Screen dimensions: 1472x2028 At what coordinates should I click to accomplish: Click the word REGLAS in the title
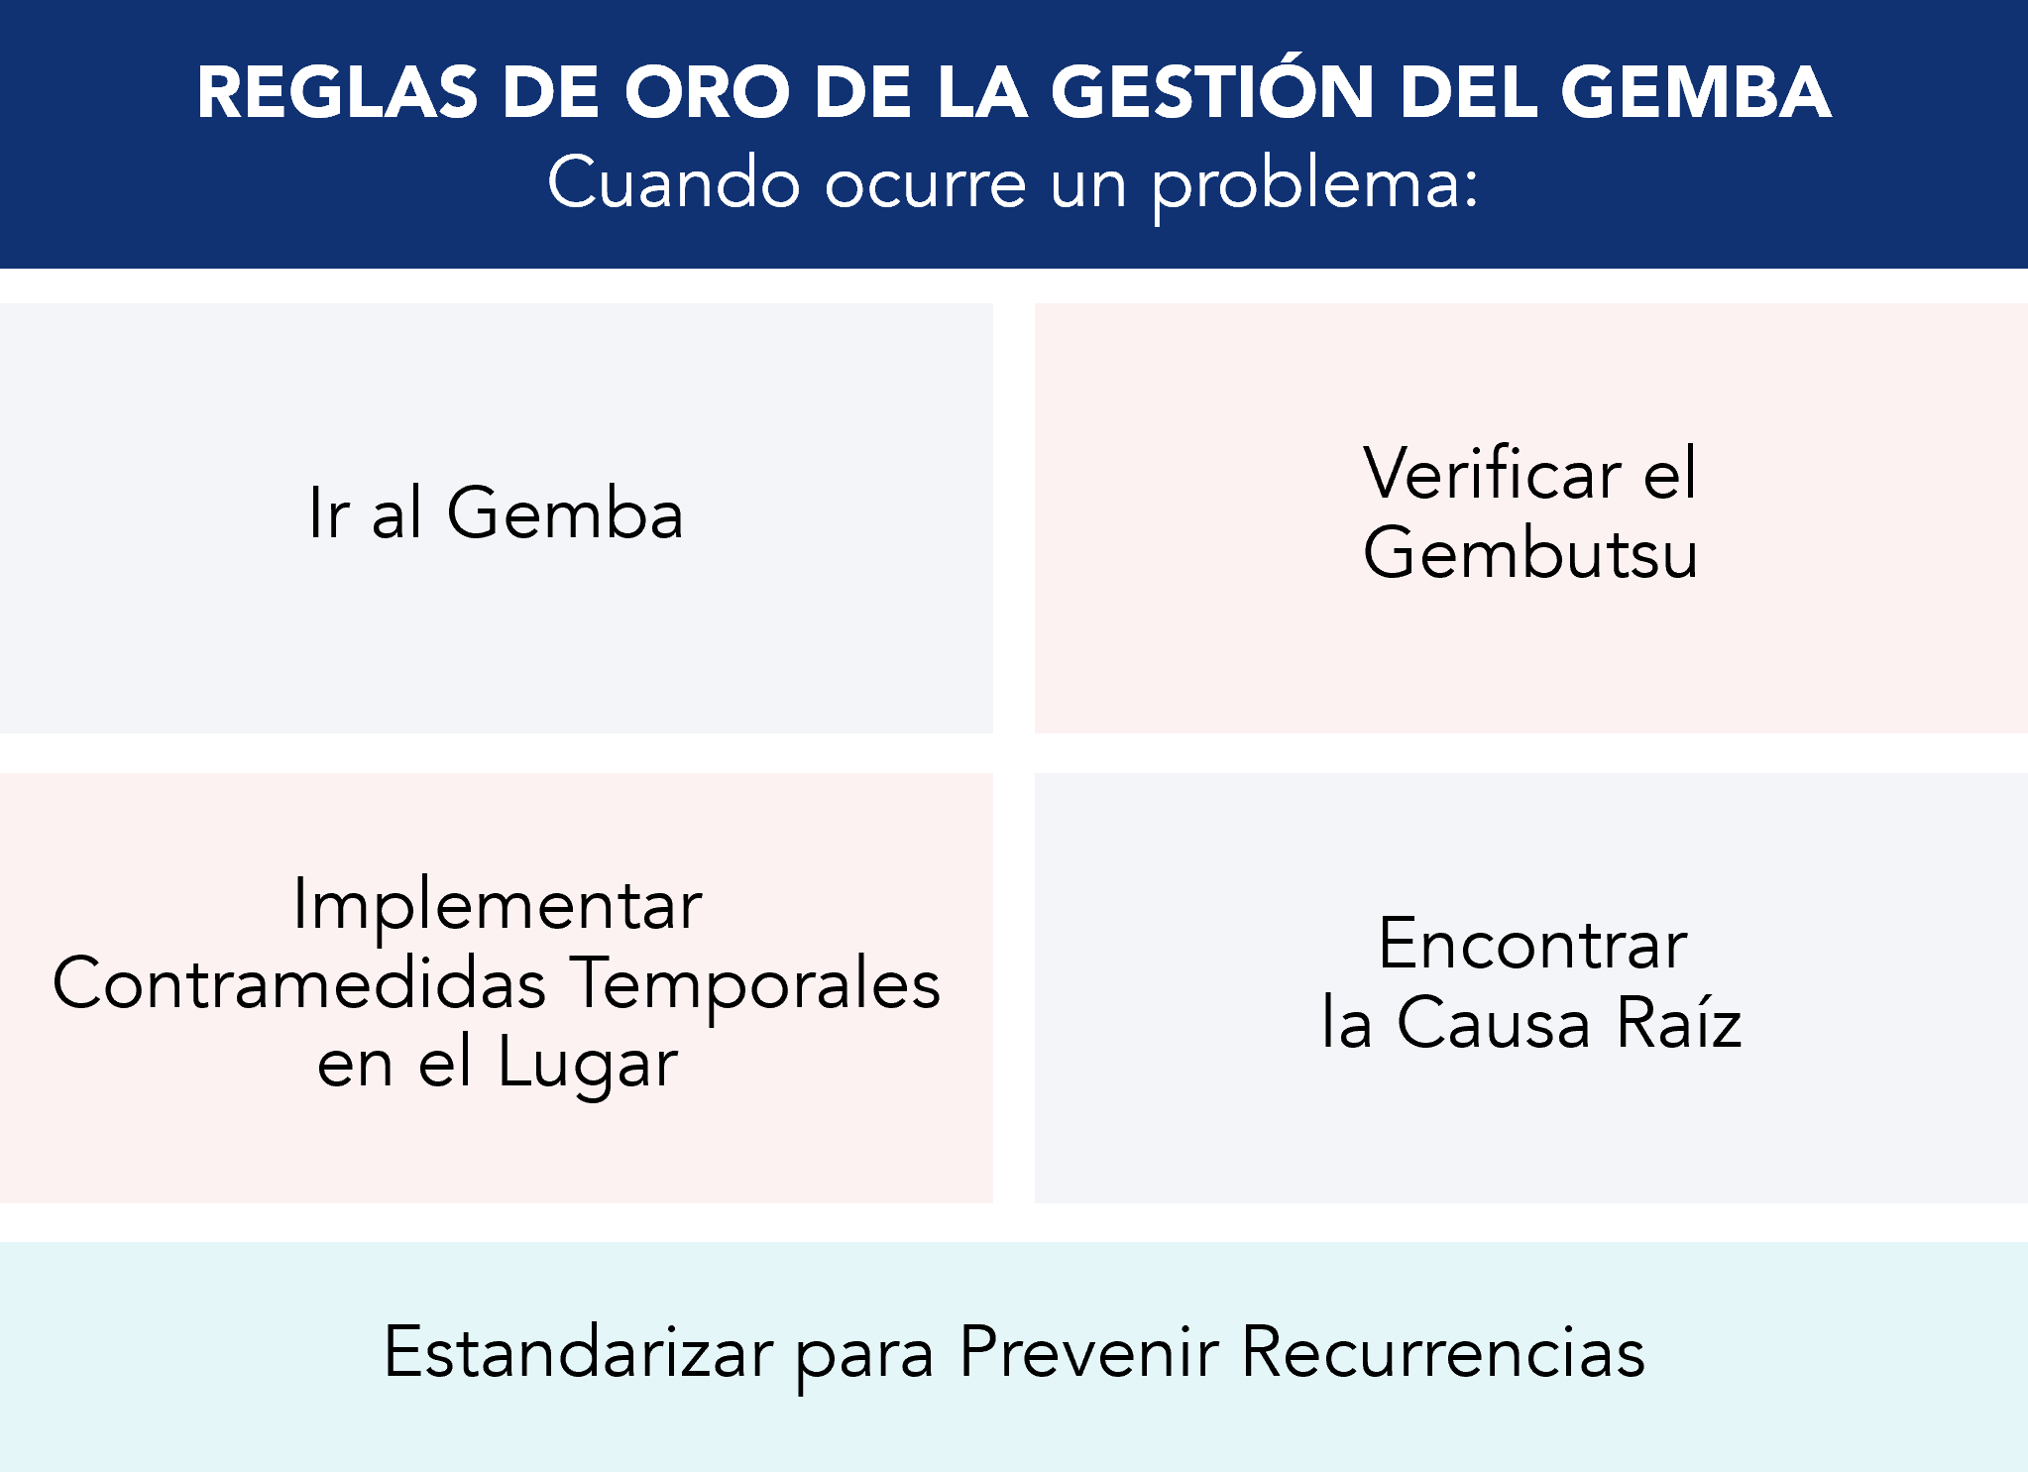point(337,93)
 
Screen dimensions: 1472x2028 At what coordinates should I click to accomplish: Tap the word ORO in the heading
point(706,93)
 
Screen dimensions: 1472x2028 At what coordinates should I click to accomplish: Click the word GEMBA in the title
point(1695,93)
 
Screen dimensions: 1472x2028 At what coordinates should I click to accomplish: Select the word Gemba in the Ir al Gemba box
point(565,513)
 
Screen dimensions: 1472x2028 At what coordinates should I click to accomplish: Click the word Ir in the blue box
point(328,513)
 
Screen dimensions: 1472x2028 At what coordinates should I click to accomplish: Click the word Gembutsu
point(1529,553)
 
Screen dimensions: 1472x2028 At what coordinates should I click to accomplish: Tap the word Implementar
point(498,905)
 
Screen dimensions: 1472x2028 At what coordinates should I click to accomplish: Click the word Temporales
point(756,985)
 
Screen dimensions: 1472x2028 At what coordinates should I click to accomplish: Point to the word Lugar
point(588,1065)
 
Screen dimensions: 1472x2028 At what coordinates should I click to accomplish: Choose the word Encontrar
point(1532,945)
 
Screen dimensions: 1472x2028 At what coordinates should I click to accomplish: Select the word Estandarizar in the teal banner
point(578,1352)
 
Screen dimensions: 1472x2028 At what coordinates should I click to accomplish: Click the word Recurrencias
point(1442,1352)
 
